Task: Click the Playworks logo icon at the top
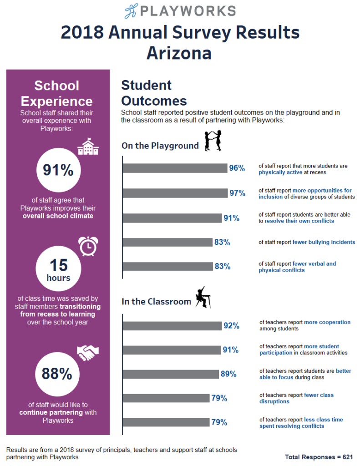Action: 132,11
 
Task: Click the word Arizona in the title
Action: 179,53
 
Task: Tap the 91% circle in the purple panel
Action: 58,170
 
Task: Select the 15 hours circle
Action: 58,269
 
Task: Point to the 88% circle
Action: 57,374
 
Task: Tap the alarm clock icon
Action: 87,246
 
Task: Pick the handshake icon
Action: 88,351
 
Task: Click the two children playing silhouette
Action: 213,141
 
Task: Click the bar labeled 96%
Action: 175,168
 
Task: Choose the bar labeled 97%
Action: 175,193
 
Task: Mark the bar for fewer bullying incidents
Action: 167,242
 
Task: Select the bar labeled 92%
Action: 172,326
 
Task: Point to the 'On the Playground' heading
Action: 160,146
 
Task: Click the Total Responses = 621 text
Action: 319,456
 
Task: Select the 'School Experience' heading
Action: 57,93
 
